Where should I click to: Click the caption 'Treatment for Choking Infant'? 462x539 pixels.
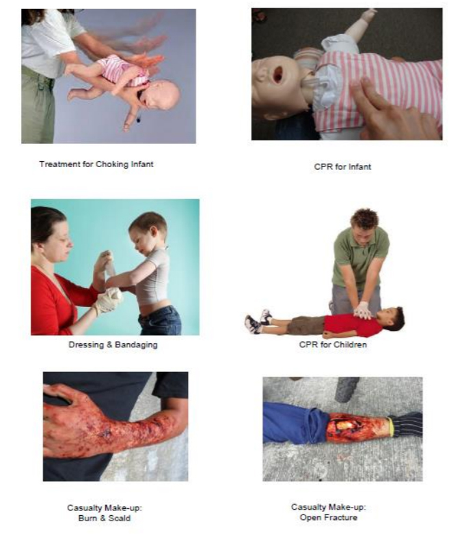click(96, 164)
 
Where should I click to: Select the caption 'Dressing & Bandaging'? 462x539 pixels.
click(113, 345)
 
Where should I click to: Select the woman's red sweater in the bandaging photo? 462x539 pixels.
click(55, 300)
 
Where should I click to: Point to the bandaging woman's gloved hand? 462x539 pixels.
click(107, 301)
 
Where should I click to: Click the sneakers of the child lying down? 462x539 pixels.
click(258, 322)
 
